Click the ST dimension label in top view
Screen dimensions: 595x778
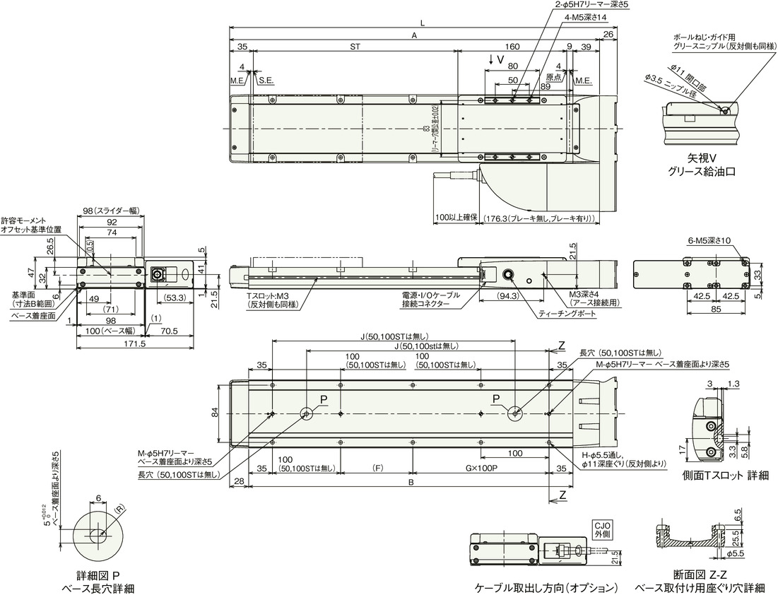click(355, 47)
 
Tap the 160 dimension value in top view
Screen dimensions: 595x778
click(512, 47)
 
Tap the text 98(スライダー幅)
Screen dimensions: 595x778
click(109, 211)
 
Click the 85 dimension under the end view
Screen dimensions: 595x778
click(696, 308)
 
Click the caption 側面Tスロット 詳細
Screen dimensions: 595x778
click(725, 476)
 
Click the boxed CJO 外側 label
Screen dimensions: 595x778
click(602, 529)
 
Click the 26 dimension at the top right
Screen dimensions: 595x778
click(608, 34)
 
